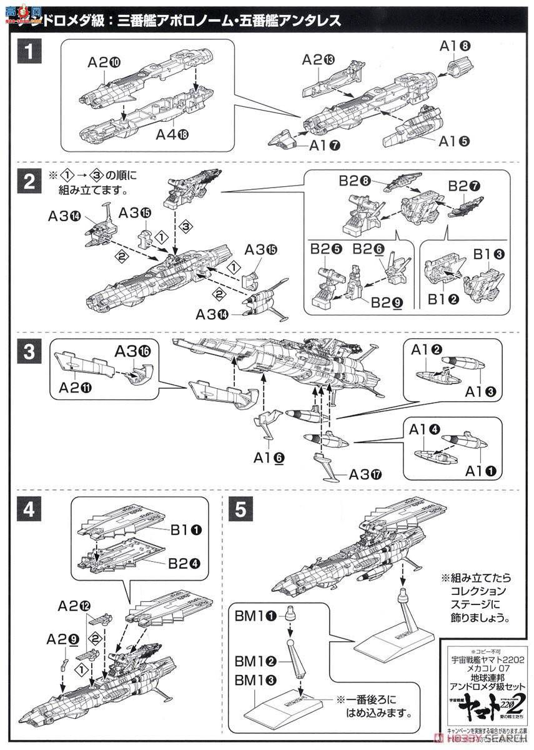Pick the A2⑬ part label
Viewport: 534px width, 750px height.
pos(319,60)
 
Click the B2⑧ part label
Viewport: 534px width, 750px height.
pos(356,182)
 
